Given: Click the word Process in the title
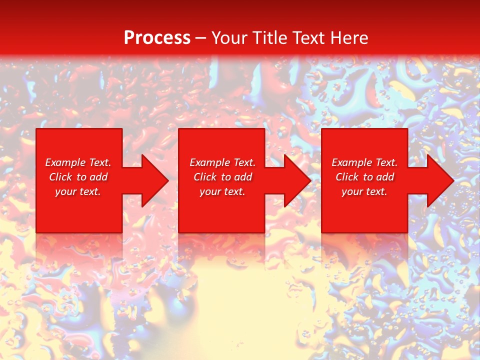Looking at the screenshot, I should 157,38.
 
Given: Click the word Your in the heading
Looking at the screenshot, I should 229,38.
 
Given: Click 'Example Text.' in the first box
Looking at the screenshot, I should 78,162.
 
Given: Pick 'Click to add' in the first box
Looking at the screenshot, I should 78,177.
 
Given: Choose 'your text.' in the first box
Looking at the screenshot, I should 78,191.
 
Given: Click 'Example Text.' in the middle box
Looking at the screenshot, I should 222,162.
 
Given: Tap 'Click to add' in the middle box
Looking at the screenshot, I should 222,177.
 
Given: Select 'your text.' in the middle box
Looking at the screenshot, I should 222,191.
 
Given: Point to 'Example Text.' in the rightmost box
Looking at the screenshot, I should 364,162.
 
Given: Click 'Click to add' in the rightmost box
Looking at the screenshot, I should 364,177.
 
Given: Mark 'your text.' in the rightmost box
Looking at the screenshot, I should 364,191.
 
